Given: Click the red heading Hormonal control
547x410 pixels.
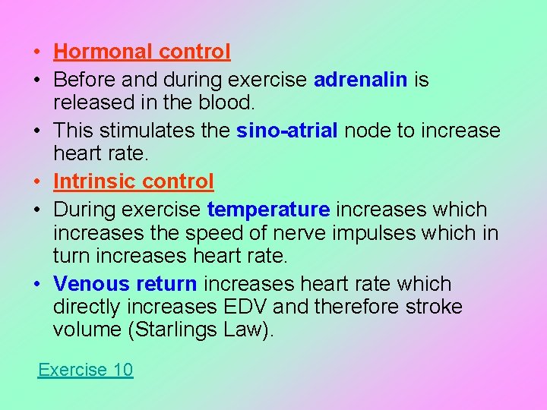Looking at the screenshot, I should pyautogui.click(x=142, y=52).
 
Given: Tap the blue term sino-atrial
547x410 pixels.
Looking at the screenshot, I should pyautogui.click(x=287, y=131).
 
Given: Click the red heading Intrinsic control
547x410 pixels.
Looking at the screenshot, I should pyautogui.click(x=134, y=181).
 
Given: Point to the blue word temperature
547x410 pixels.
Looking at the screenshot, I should pyautogui.click(x=268, y=210).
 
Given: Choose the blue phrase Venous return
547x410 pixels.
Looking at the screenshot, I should pyautogui.click(x=125, y=284).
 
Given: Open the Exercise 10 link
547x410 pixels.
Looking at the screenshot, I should pyautogui.click(x=85, y=370).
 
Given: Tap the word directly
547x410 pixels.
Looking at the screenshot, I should pyautogui.click(x=87, y=307).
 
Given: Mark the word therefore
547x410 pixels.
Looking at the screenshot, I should pyautogui.click(x=364, y=307).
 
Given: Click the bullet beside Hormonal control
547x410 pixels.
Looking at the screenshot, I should pyautogui.click(x=36, y=52).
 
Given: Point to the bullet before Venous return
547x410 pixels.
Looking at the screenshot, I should pyautogui.click(x=36, y=285).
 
